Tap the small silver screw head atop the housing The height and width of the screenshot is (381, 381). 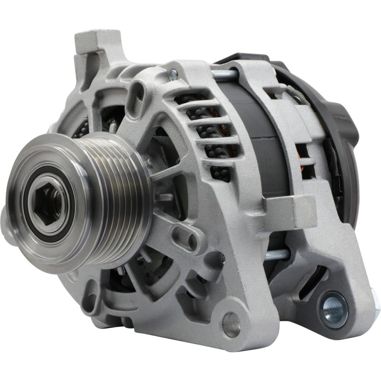tap(173, 74)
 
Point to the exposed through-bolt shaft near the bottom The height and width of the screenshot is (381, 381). tap(276, 255)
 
